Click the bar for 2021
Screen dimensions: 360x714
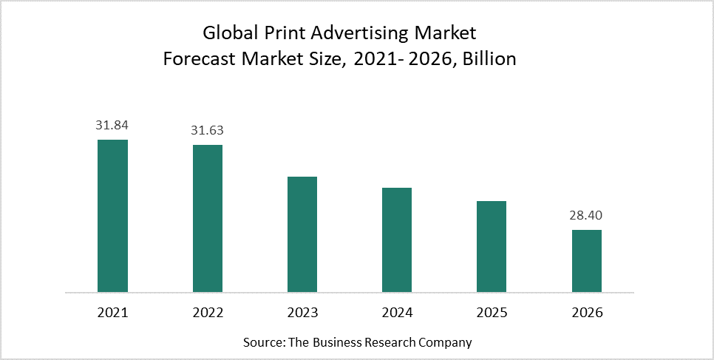point(112,216)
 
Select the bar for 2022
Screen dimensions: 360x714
point(208,218)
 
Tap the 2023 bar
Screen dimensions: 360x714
point(302,234)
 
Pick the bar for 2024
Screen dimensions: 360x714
point(397,240)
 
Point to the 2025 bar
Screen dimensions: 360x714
point(492,246)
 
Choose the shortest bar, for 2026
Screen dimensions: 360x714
point(587,261)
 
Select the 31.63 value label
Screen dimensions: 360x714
point(207,130)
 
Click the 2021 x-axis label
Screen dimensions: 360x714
point(112,313)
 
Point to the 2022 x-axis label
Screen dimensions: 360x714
point(208,313)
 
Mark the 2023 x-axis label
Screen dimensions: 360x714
point(302,313)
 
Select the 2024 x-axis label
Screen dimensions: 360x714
point(397,313)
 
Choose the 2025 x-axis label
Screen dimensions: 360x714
point(492,313)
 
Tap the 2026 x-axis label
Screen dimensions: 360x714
point(587,313)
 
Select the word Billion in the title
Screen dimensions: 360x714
point(485,59)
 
